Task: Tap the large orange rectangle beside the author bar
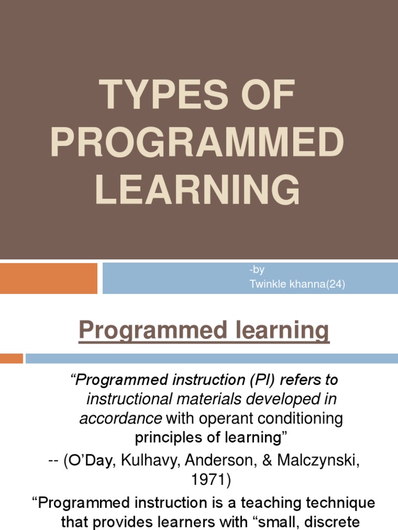[49, 278]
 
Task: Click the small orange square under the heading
[11, 358]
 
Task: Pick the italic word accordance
[120, 419]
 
